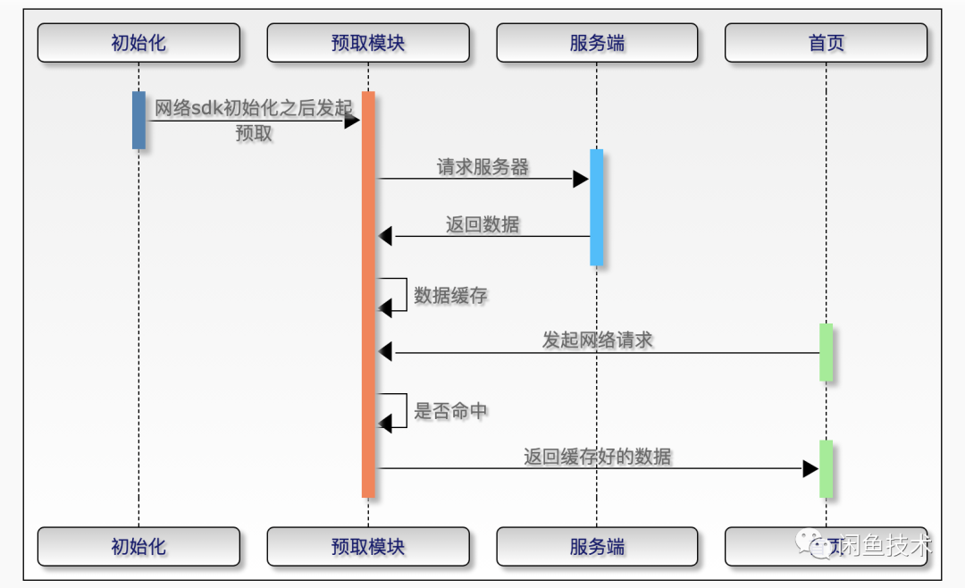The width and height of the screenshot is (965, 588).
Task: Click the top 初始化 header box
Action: tap(138, 43)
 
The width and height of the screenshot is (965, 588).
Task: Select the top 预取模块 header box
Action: tap(368, 43)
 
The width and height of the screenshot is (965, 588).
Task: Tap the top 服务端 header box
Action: tap(597, 43)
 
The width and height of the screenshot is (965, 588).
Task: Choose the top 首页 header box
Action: tap(826, 43)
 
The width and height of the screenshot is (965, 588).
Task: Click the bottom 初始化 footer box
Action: tap(138, 546)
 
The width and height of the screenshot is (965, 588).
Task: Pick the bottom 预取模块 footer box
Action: tap(368, 546)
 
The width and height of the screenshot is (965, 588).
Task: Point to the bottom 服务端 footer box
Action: tap(597, 546)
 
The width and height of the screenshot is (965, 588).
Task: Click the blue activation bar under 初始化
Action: tap(138, 120)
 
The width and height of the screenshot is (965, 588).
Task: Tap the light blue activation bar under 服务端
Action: tap(597, 207)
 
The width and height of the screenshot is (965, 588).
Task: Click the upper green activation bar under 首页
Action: tap(826, 352)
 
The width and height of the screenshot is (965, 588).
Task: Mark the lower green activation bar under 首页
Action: tap(826, 468)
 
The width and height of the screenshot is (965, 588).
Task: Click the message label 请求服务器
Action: tap(482, 167)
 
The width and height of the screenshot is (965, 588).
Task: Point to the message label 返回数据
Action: tap(482, 225)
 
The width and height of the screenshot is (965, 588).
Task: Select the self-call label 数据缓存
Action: tap(450, 295)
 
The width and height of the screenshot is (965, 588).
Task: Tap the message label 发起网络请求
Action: tap(597, 340)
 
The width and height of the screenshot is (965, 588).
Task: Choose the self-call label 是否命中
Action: tap(450, 411)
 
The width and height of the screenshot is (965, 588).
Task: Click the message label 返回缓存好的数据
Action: tap(597, 457)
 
